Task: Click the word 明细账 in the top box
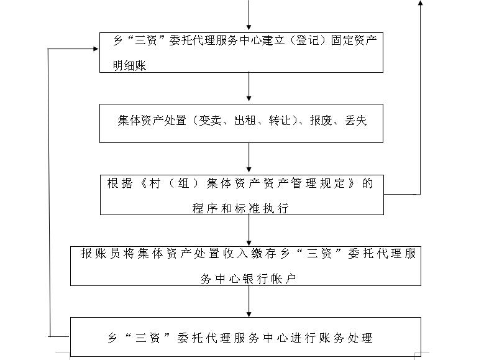click(x=129, y=65)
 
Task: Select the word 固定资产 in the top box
click(x=354, y=40)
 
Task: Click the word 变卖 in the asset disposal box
click(x=210, y=120)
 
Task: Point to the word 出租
click(x=245, y=120)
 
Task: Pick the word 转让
click(x=280, y=120)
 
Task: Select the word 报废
click(x=321, y=120)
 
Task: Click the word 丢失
click(x=355, y=120)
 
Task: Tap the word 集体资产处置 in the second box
click(x=152, y=120)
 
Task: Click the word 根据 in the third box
click(x=120, y=183)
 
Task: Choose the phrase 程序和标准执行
click(x=240, y=208)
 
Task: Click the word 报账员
click(x=100, y=254)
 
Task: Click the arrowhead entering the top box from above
click(x=249, y=27)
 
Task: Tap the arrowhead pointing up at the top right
click(x=420, y=2)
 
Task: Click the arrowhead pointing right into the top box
click(x=96, y=48)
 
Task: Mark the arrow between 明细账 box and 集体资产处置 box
click(x=249, y=87)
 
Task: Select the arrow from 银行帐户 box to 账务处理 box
click(x=249, y=302)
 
